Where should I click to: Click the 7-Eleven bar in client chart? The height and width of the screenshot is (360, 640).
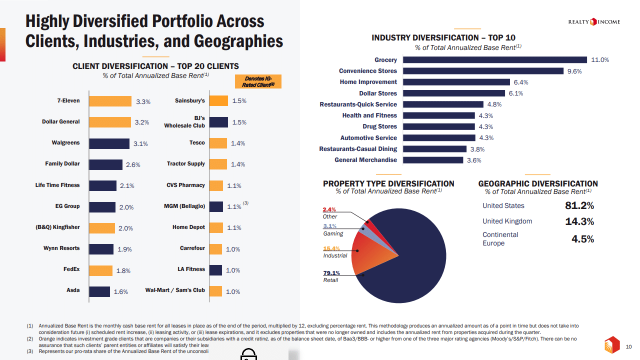pyautogui.click(x=110, y=101)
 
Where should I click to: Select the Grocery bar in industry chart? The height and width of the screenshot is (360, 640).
pyautogui.click(x=495, y=60)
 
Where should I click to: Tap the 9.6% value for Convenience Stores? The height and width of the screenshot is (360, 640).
pyautogui.click(x=574, y=71)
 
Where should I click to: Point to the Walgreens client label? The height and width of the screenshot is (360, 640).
pyautogui.click(x=65, y=143)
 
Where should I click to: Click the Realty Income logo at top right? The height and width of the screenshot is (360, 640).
pyautogui.click(x=594, y=21)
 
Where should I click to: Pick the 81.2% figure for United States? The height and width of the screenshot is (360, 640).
pyautogui.click(x=579, y=206)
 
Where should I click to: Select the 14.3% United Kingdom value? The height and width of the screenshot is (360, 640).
pyautogui.click(x=579, y=221)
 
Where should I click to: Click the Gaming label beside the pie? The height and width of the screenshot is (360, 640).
pyautogui.click(x=333, y=233)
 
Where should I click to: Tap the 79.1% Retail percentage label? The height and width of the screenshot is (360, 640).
pyautogui.click(x=331, y=273)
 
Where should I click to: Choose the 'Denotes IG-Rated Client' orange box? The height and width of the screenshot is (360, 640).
pyautogui.click(x=258, y=81)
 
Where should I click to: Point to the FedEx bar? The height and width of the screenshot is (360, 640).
pyautogui.click(x=100, y=270)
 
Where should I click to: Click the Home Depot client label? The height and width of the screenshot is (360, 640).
pyautogui.click(x=189, y=227)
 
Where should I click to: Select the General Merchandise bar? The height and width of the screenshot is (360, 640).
pyautogui.click(x=433, y=160)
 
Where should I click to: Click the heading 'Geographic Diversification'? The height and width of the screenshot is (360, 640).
pyautogui.click(x=538, y=183)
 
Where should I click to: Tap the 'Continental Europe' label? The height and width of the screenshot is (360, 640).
pyautogui.click(x=500, y=239)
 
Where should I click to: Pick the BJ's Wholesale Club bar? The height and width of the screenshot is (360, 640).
pyautogui.click(x=218, y=122)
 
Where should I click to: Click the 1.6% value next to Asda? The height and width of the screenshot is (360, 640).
pyautogui.click(x=120, y=292)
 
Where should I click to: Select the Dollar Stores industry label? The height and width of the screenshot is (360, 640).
pyautogui.click(x=378, y=93)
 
